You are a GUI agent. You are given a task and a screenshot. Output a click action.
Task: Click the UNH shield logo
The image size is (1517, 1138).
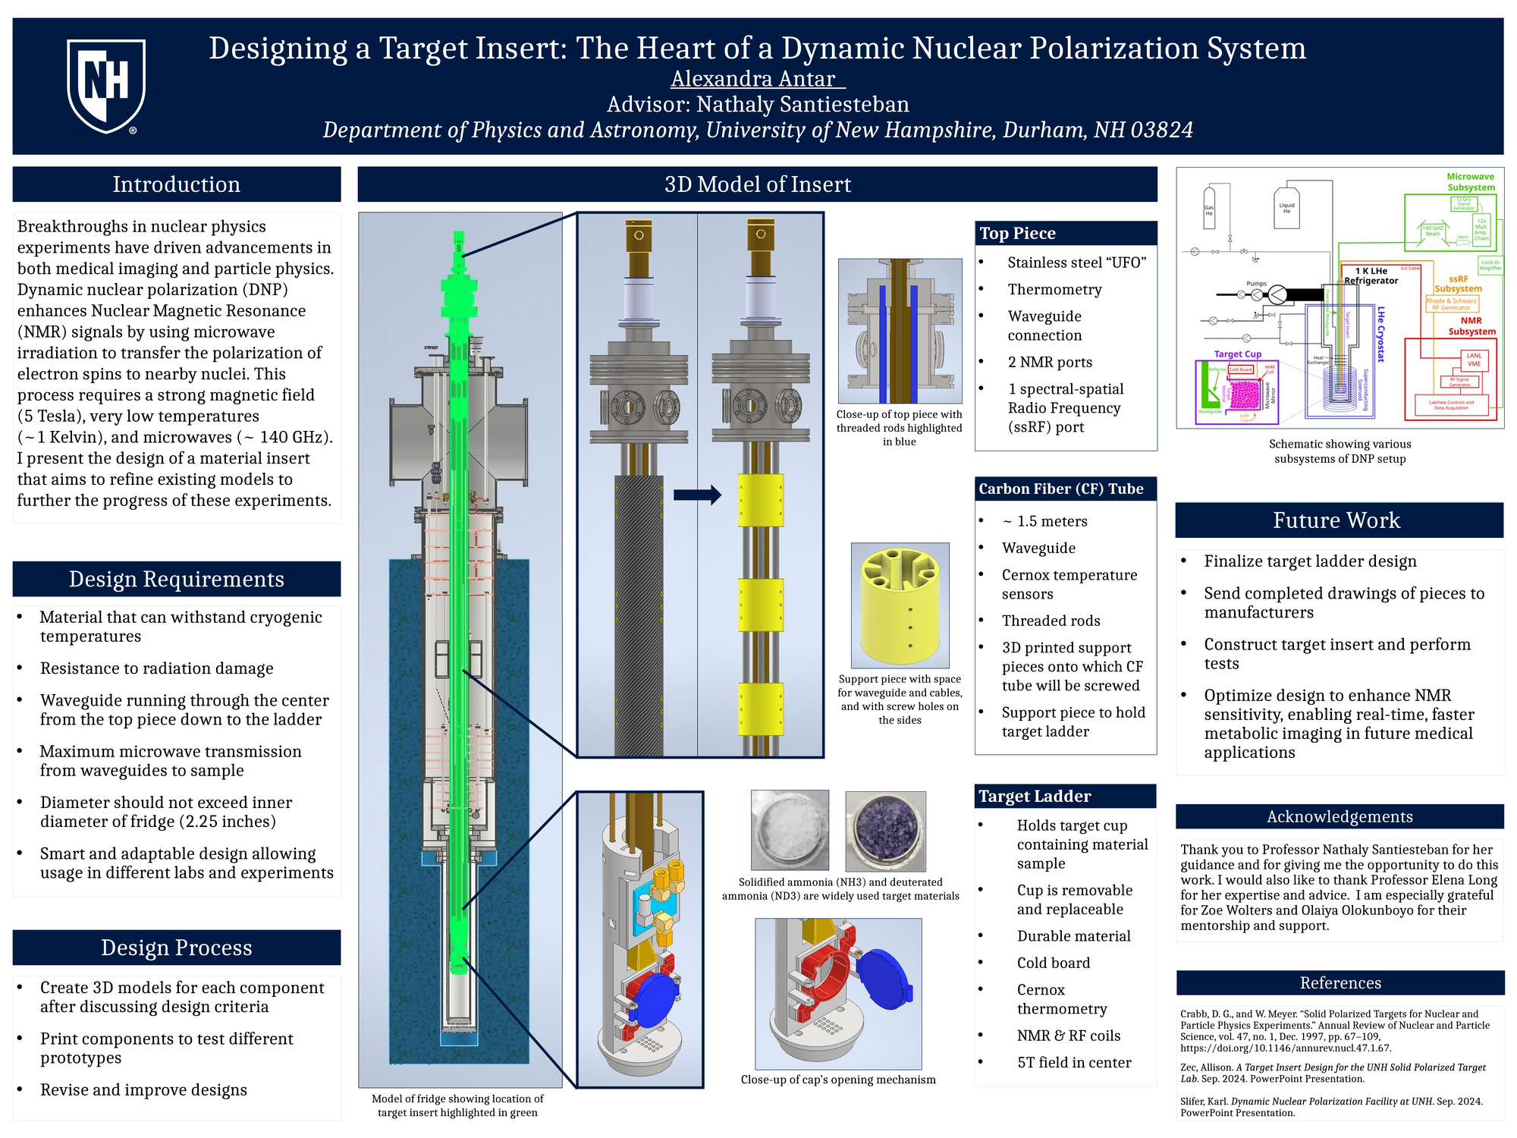pyautogui.click(x=106, y=86)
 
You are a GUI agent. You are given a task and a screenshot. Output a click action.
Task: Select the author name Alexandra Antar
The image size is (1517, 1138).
pyautogui.click(x=756, y=79)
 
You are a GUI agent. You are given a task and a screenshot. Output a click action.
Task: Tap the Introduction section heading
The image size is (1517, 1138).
pyautogui.click(x=176, y=184)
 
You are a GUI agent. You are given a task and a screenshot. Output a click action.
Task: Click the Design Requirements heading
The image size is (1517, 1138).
pyautogui.click(x=176, y=579)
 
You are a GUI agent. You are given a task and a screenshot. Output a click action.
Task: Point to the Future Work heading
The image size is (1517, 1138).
pyautogui.click(x=1336, y=520)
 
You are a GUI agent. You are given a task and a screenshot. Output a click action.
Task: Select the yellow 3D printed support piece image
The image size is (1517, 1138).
pyautogui.click(x=900, y=605)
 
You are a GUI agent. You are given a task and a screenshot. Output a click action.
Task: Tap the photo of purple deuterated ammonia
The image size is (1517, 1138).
pyautogui.click(x=885, y=831)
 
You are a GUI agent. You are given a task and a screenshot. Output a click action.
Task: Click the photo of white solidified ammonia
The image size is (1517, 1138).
pyautogui.click(x=790, y=830)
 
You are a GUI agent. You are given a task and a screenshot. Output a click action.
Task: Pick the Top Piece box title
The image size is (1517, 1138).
pyautogui.click(x=1017, y=234)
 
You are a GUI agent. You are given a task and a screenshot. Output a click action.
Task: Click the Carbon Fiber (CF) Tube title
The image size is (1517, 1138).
pyautogui.click(x=1060, y=489)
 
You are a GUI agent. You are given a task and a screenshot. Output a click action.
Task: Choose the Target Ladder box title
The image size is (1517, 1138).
pyautogui.click(x=1035, y=797)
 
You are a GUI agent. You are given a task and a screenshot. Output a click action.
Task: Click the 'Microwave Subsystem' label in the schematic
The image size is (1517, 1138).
pyautogui.click(x=1470, y=182)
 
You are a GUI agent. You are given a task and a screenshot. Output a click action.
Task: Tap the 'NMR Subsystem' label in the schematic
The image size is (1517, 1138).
pyautogui.click(x=1471, y=326)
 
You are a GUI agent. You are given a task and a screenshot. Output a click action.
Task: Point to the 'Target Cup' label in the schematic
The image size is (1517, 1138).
pyautogui.click(x=1237, y=354)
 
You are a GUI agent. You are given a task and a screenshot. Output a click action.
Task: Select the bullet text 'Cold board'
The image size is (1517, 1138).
pyautogui.click(x=1054, y=964)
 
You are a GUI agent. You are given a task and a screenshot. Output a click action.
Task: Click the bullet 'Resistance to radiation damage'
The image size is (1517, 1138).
pyautogui.click(x=156, y=668)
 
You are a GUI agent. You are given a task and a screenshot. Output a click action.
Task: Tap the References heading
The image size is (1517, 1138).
pyautogui.click(x=1340, y=983)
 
